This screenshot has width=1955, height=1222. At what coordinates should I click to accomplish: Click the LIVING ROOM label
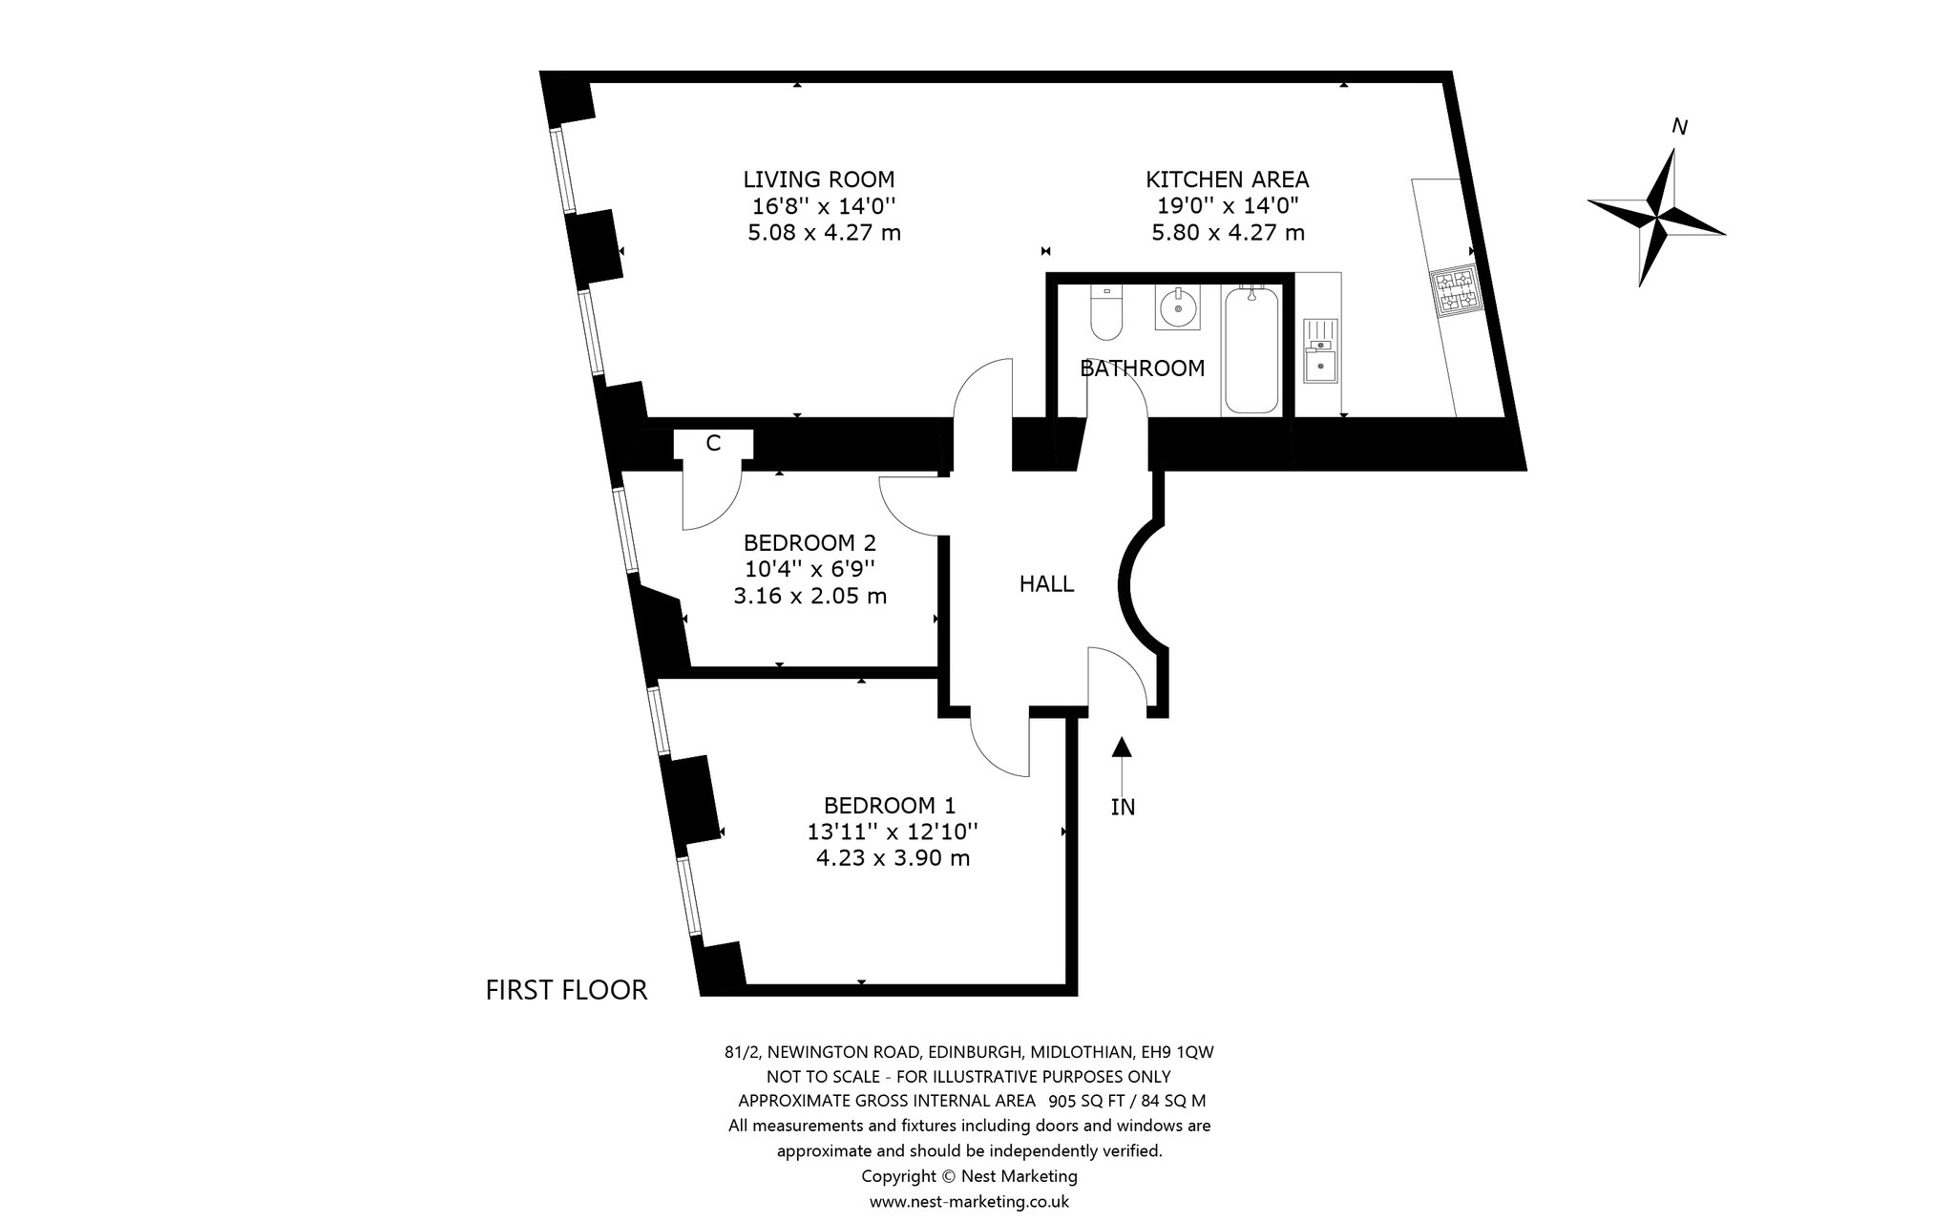click(x=819, y=179)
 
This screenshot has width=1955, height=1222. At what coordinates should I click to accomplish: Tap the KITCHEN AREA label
click(x=1227, y=179)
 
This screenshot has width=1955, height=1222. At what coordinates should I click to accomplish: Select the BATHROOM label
click(x=1143, y=369)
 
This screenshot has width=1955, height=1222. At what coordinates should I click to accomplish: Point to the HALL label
click(x=1047, y=584)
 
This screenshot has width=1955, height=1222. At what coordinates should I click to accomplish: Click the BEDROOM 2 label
click(x=809, y=543)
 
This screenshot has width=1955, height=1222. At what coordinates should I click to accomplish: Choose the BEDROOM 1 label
click(x=890, y=805)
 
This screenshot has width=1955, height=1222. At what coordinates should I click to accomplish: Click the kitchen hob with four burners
click(x=1453, y=292)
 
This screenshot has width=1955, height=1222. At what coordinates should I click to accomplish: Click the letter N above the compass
click(x=1680, y=127)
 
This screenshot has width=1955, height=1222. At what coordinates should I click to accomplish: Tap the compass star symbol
click(x=1657, y=218)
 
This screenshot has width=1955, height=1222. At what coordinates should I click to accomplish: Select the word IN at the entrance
click(x=1124, y=808)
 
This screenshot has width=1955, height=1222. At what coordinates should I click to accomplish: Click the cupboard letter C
click(x=712, y=443)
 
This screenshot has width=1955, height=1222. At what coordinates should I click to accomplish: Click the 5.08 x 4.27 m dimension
click(x=825, y=232)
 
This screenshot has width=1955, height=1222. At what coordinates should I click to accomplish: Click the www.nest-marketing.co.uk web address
click(x=969, y=1202)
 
